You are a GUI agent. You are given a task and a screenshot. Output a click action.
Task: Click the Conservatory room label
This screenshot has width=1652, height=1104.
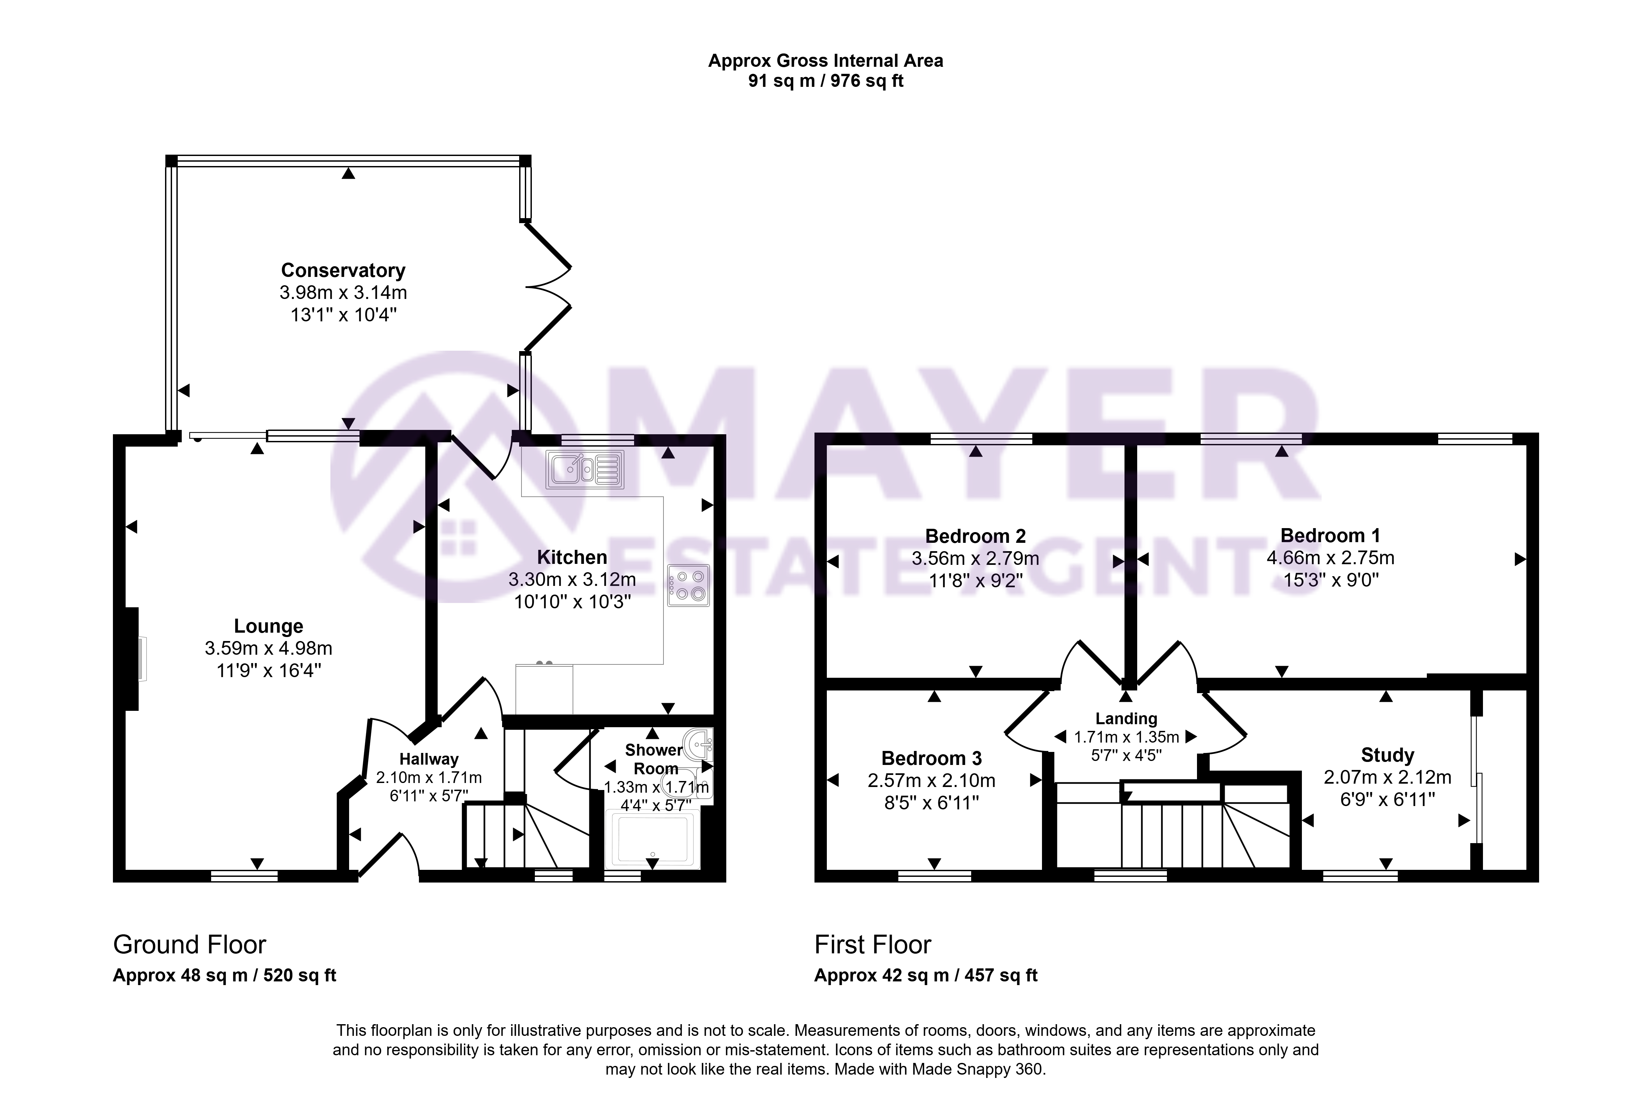coord(343,270)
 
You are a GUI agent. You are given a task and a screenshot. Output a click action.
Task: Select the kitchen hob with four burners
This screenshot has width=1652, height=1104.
coord(689,585)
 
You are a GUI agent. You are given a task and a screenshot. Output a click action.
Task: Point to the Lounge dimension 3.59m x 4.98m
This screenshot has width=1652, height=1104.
coord(268,648)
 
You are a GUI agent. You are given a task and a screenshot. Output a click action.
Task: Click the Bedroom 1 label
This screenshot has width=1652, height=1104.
coord(1330,536)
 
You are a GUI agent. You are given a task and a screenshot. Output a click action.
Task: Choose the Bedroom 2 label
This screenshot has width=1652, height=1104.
coord(975,536)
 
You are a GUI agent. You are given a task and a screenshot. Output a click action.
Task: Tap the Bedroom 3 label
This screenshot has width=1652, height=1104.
coord(932,758)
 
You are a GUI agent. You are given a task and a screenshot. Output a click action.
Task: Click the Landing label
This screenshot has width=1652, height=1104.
coord(1126,719)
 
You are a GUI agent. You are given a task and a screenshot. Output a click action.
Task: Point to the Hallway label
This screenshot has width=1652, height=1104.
coord(429,759)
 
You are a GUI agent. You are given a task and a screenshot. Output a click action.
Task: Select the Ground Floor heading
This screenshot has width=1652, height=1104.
coord(189,944)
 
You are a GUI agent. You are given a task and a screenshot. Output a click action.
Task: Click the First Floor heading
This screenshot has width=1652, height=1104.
coord(873,944)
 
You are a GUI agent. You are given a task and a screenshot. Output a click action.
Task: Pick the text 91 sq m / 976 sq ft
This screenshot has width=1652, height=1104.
coord(825,81)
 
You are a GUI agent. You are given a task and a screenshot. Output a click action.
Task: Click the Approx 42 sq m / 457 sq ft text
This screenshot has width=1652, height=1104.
coord(926,975)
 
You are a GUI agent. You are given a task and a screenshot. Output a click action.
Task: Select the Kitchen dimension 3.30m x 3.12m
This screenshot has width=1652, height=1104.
coord(572,580)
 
